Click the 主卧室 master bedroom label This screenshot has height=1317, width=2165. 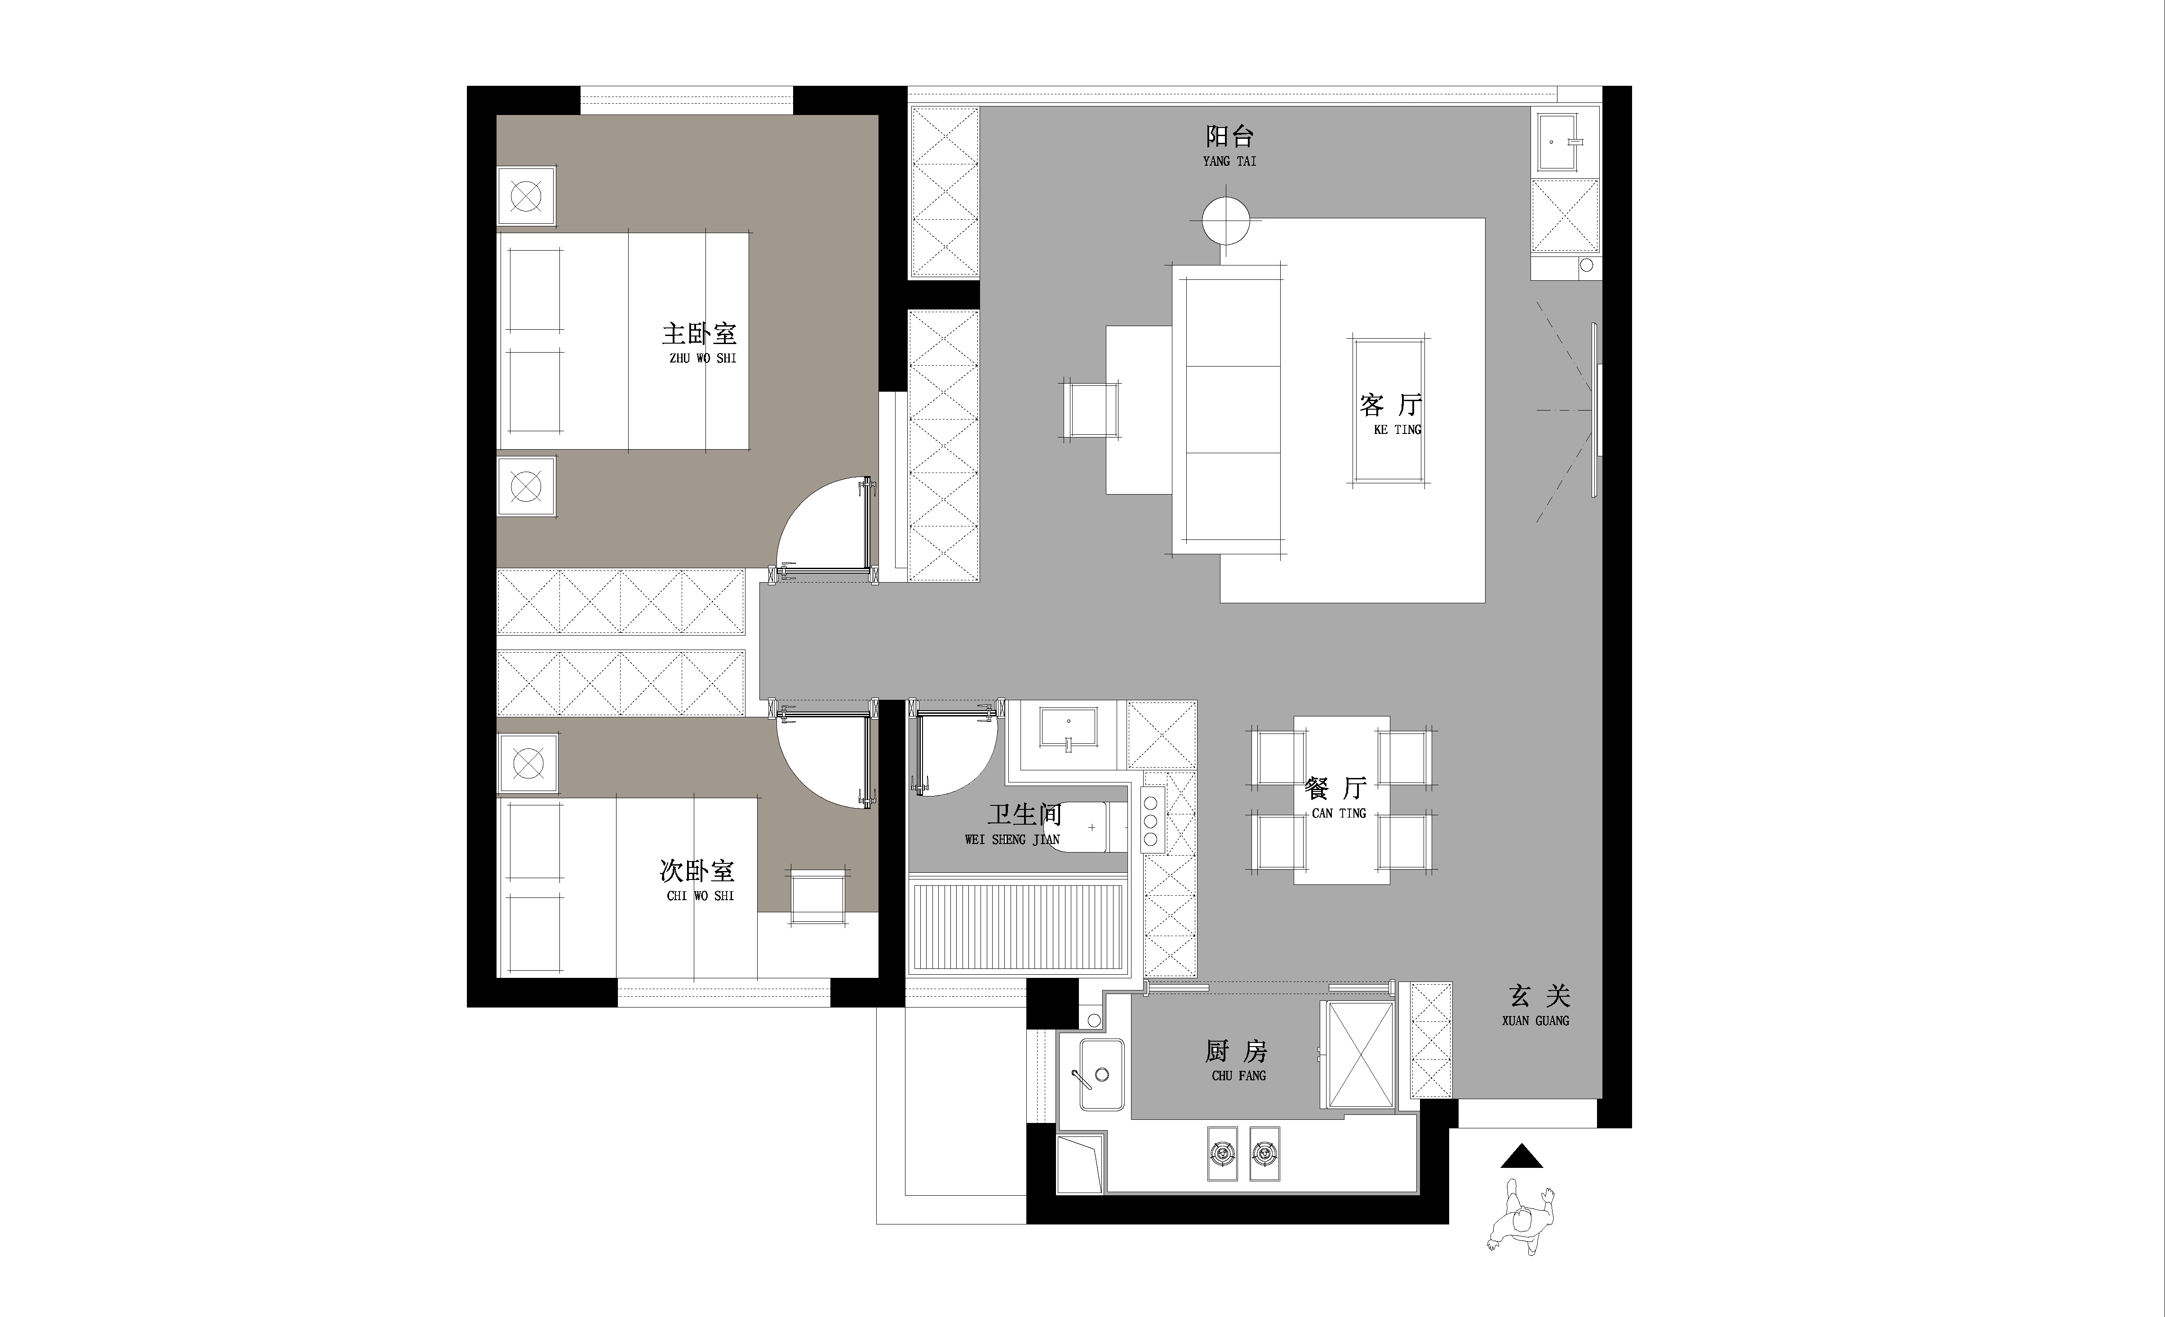[699, 334]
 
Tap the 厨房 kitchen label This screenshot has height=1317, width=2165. [1236, 1051]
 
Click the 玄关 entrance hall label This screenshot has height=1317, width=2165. [1539, 995]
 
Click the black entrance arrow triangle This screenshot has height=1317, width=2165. [1522, 1156]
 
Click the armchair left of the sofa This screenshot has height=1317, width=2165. [1091, 409]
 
